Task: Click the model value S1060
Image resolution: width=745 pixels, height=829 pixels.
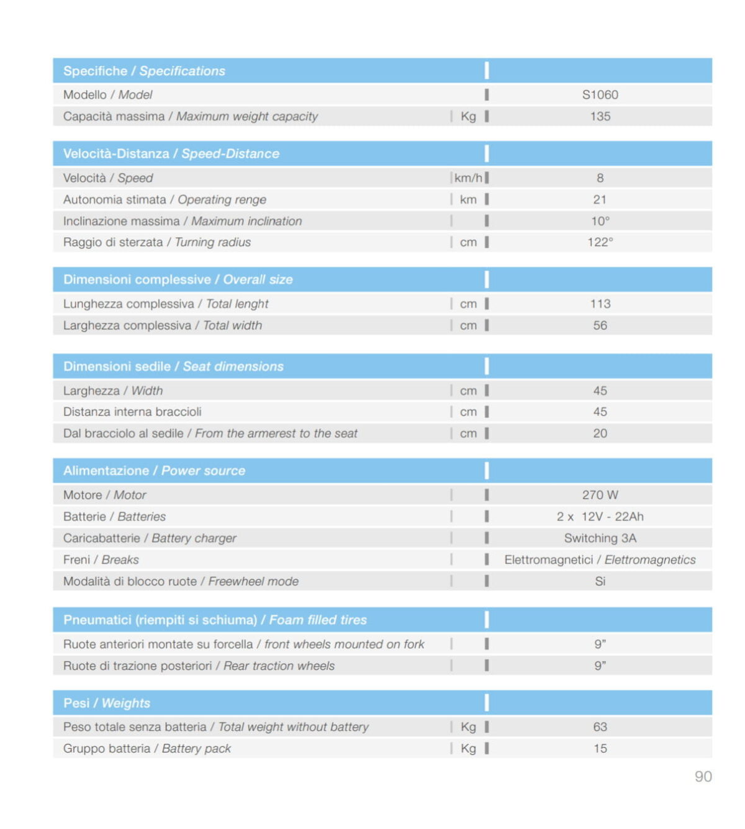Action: click(600, 95)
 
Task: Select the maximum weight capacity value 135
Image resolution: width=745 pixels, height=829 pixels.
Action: click(600, 117)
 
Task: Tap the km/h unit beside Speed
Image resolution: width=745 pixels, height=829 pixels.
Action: click(468, 178)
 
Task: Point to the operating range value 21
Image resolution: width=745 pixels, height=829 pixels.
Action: click(600, 200)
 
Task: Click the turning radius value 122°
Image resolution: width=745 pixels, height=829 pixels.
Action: click(600, 243)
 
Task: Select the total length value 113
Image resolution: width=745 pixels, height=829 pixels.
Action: click(600, 304)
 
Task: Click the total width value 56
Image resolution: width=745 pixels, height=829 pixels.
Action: click(600, 326)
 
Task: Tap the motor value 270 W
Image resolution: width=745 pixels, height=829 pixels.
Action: click(600, 496)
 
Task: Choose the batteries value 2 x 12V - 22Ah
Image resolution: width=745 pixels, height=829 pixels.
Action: click(600, 517)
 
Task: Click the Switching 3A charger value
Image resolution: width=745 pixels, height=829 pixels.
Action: click(600, 538)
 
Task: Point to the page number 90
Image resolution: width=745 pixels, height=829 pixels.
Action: click(703, 777)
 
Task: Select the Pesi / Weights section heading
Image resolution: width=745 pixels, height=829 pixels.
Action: click(107, 704)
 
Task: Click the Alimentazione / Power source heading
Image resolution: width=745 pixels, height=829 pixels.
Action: click(154, 471)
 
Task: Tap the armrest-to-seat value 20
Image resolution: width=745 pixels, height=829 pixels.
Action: click(600, 434)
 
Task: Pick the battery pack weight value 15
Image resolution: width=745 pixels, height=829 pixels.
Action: click(600, 749)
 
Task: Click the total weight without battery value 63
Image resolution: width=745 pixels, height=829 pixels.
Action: click(600, 727)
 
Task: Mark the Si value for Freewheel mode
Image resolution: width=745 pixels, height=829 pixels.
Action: click(600, 582)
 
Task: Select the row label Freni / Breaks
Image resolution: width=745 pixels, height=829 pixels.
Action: click(101, 560)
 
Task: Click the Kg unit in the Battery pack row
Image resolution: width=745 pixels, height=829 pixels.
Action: click(468, 749)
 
